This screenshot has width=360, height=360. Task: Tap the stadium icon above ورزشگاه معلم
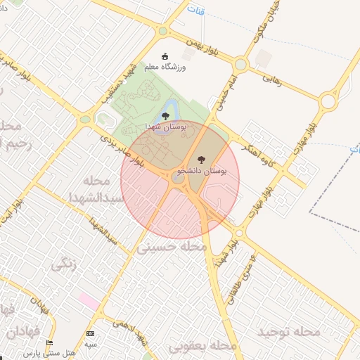tap(166, 56)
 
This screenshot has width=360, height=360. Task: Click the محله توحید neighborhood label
tap(288, 331)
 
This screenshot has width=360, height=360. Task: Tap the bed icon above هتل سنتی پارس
tap(49, 343)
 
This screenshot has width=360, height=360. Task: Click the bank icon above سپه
tap(90, 333)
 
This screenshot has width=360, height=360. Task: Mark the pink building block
tap(89, 300)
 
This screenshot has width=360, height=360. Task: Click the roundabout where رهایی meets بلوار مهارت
tap(328, 102)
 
